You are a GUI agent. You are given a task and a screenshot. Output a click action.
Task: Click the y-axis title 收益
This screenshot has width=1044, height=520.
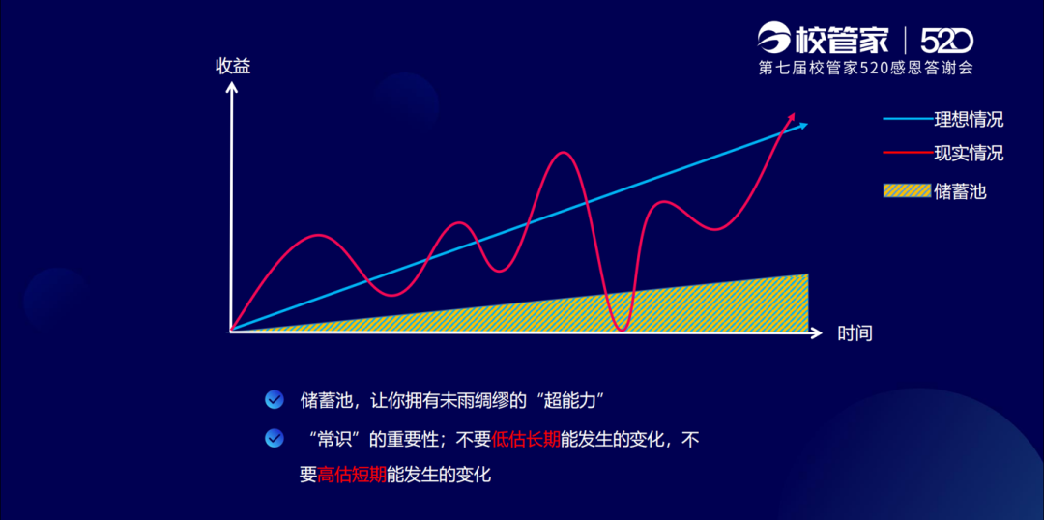(x=233, y=67)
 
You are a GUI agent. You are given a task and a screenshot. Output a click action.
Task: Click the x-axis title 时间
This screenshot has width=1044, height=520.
(x=855, y=333)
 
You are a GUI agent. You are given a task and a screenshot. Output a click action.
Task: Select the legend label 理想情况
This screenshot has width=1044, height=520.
(x=970, y=121)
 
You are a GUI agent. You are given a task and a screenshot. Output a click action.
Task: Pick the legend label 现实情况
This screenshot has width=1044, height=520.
(x=970, y=153)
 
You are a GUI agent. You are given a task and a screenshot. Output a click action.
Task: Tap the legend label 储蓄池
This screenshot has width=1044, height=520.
(x=960, y=192)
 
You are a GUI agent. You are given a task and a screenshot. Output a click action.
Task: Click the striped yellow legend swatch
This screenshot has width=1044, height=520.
(x=907, y=191)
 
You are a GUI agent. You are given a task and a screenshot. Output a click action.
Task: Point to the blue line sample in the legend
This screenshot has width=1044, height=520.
(x=908, y=120)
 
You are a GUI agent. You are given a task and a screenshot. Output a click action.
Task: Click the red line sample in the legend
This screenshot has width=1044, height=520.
(x=908, y=153)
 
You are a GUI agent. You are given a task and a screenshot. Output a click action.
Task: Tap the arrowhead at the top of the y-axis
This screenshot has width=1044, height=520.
(x=232, y=87)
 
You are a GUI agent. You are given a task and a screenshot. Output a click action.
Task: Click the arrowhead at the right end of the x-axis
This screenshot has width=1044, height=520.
(x=818, y=332)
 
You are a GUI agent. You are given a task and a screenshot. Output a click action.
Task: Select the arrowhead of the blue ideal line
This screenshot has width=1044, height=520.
(x=803, y=126)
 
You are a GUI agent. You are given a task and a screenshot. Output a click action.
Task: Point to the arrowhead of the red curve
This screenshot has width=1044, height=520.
(x=791, y=116)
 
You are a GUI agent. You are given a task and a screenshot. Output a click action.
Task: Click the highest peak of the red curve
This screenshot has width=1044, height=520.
(x=564, y=153)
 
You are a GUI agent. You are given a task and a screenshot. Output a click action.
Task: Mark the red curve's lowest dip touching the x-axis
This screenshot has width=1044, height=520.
(x=623, y=330)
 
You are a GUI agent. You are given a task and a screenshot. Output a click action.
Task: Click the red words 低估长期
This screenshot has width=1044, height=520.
(x=526, y=440)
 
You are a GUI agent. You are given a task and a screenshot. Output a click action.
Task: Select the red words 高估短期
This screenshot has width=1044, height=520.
(x=352, y=476)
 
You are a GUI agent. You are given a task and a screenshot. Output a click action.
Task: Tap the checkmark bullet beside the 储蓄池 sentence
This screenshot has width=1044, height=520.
(x=274, y=400)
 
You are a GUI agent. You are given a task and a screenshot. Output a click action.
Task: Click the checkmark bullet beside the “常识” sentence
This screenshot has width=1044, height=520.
(x=274, y=438)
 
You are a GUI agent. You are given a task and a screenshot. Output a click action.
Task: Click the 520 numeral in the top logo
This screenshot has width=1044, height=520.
(x=946, y=42)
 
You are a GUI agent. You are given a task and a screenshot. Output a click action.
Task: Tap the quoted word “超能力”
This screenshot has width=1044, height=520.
(x=569, y=401)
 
